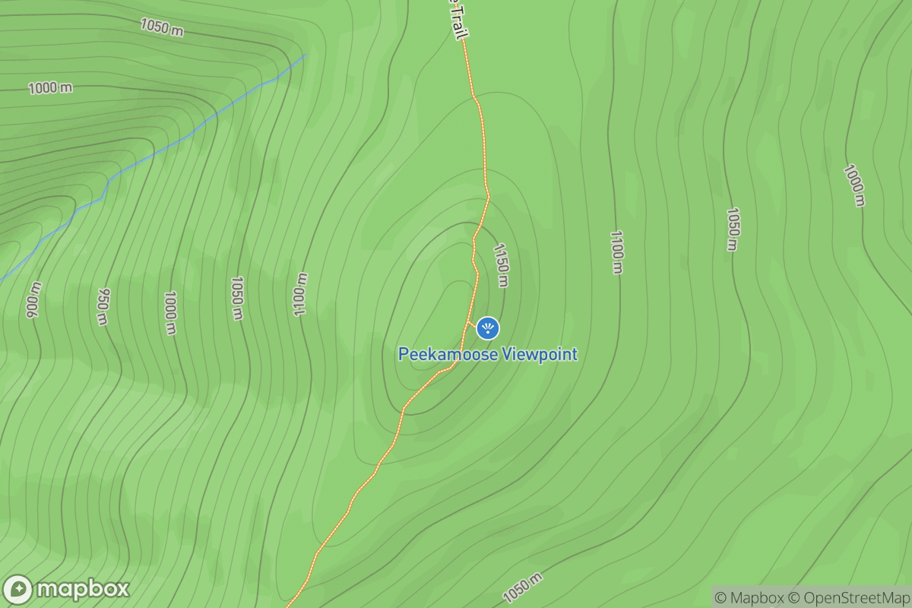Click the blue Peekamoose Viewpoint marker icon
point(487,328)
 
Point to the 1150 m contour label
point(500,265)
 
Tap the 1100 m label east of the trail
point(616,252)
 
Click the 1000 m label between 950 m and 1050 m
point(170,312)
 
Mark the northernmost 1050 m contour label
point(161,27)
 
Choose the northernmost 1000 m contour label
point(50,88)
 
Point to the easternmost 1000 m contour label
point(854,185)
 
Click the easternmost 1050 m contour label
point(732,229)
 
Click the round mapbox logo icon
point(18,590)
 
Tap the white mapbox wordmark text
point(83,590)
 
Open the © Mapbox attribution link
point(752,597)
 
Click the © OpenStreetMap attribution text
point(847,597)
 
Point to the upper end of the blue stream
point(306,54)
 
